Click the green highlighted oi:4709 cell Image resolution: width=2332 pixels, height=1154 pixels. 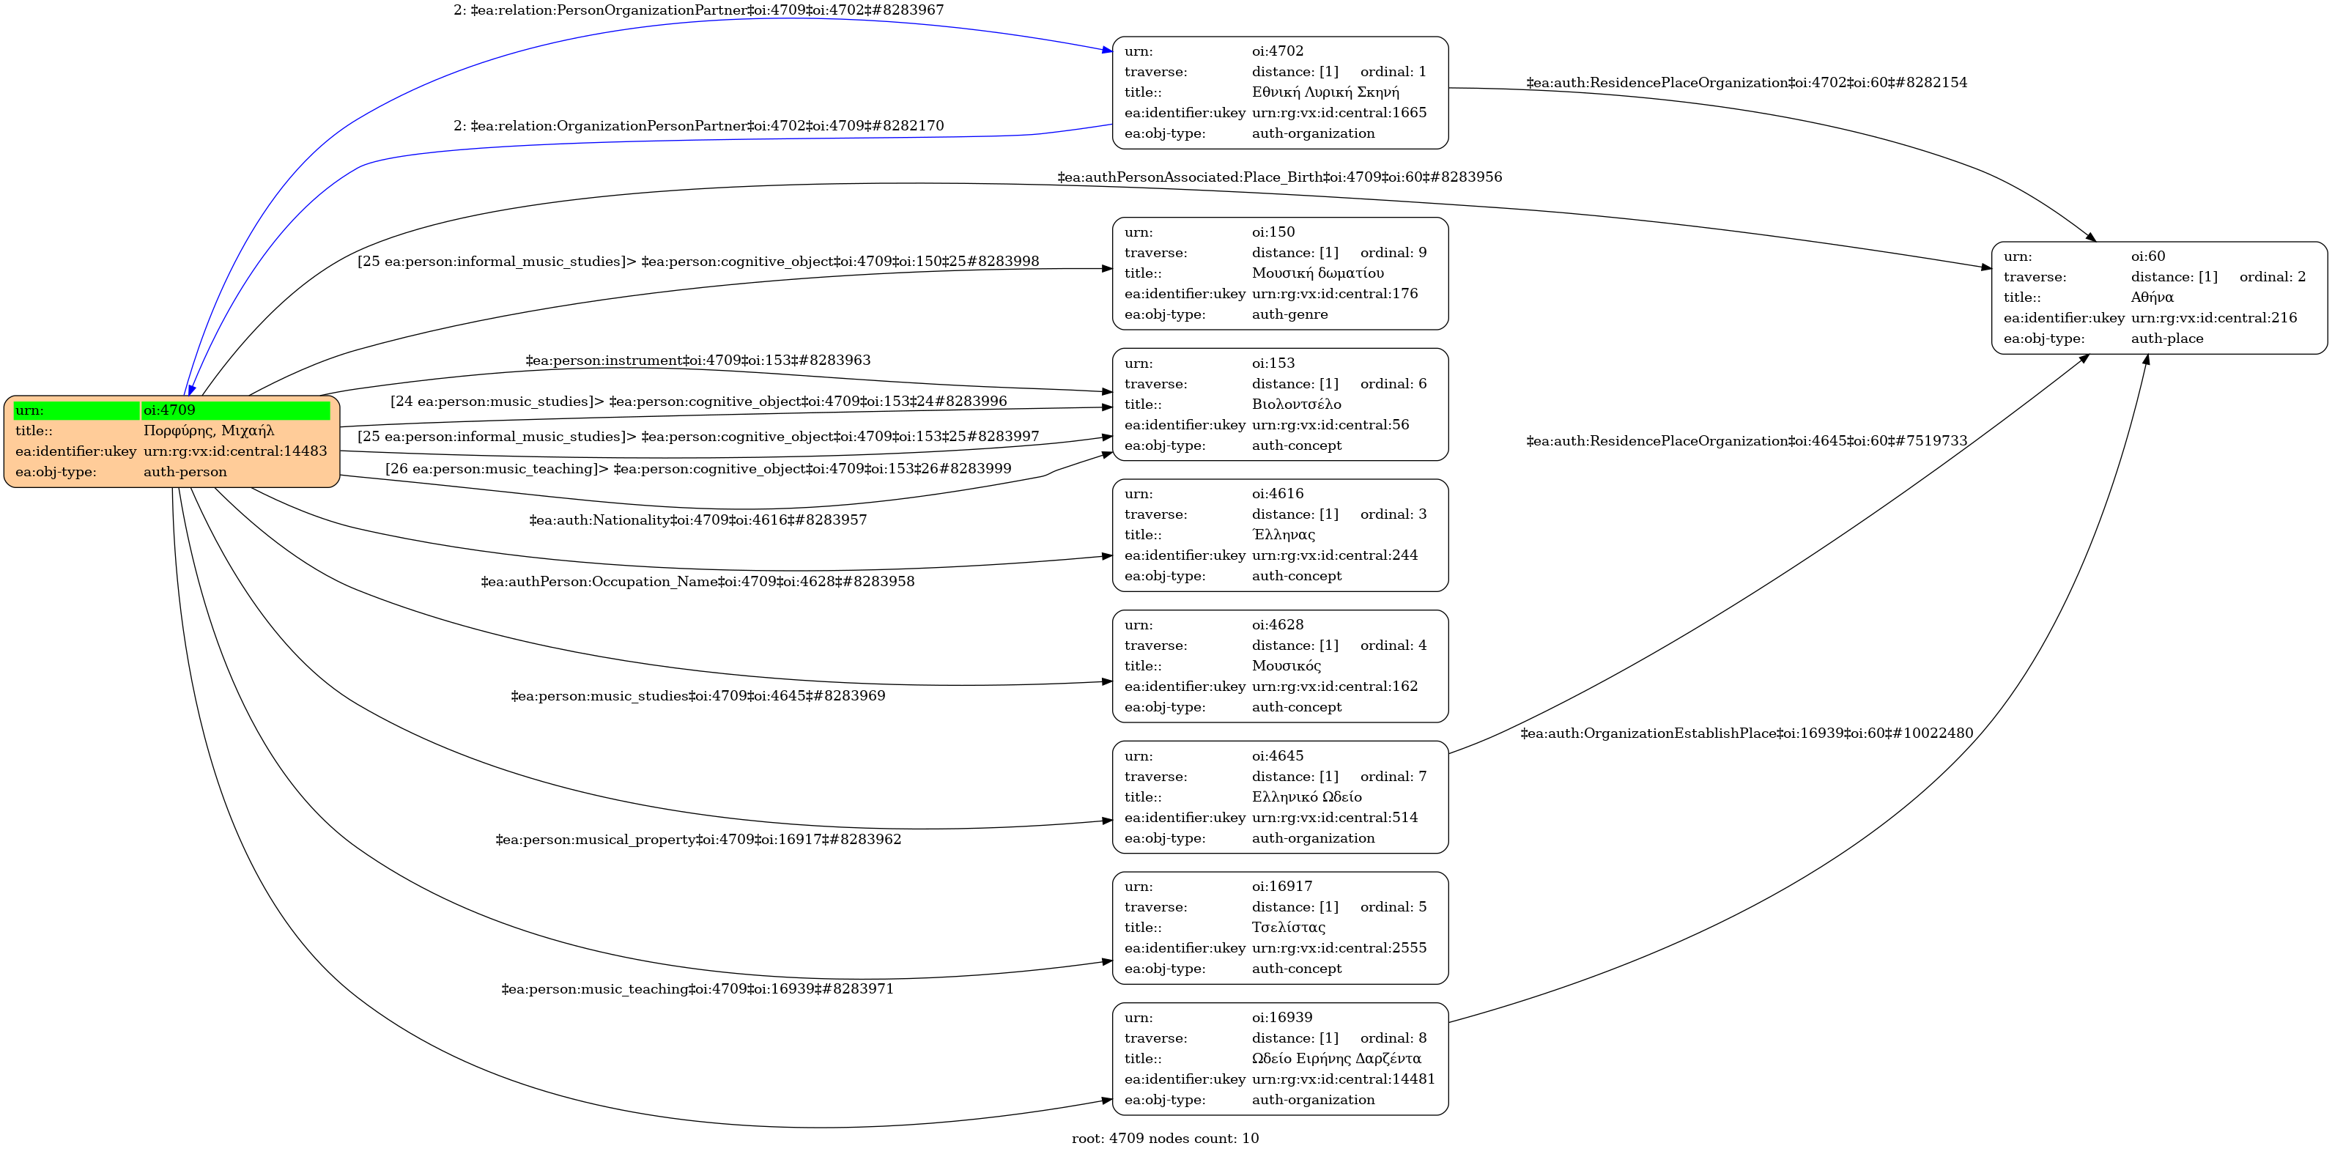235,410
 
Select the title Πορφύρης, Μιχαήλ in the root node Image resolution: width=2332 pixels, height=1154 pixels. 208,431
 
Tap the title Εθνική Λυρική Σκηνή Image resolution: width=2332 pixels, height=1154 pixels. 1325,92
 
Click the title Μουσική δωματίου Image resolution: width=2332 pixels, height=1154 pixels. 1317,273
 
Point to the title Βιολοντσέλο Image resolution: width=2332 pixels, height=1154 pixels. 1296,404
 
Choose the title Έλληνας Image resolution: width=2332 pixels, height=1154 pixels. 1283,535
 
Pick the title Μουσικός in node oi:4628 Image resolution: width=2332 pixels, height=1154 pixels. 1287,666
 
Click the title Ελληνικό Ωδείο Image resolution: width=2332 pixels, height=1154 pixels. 1306,797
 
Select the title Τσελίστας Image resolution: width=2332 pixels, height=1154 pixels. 1288,928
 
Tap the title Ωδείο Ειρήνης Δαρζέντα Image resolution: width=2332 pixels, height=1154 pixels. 1336,1059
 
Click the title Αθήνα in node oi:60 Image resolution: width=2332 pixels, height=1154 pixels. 2152,297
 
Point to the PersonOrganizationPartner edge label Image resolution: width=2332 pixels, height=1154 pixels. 698,11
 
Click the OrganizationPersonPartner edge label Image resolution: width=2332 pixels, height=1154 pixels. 698,126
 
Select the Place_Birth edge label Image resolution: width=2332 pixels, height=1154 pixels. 1279,177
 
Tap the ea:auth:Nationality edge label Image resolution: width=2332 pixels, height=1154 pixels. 698,520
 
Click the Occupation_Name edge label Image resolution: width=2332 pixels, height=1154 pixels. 697,582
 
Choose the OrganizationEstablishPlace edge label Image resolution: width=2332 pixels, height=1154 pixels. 1747,734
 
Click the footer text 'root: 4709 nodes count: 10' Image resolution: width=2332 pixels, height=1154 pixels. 1165,1139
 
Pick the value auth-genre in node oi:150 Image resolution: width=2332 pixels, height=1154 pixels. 1289,315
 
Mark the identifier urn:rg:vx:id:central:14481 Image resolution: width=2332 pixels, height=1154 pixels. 1344,1080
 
